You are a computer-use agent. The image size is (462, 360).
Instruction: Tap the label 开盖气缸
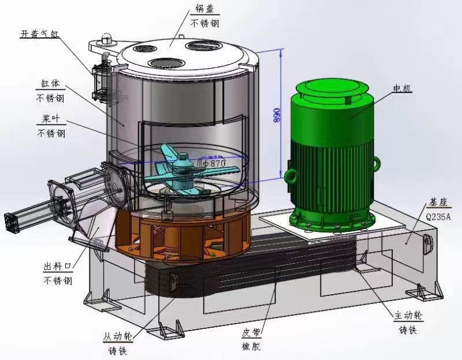point(39,34)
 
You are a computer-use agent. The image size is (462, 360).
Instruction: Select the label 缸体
point(50,84)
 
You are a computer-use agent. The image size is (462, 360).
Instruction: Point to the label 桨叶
point(51,119)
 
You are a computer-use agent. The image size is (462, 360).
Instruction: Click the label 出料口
point(58,267)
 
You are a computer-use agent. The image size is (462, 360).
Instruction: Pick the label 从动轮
point(118,336)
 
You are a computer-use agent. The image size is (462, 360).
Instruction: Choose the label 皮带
point(251,333)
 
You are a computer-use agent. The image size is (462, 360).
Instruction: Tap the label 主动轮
point(408,316)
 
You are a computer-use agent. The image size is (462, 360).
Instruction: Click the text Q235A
point(438,217)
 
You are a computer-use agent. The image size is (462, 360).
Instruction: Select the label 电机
point(402,88)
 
